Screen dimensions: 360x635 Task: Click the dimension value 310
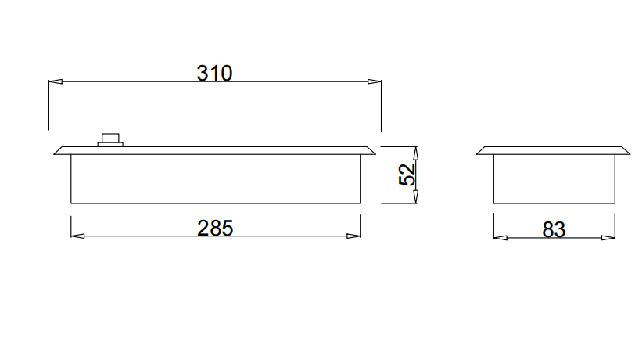coord(214,73)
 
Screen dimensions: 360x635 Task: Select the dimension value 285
coord(215,229)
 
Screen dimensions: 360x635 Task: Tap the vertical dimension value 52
coord(407,175)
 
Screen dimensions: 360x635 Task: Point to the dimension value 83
coord(554,230)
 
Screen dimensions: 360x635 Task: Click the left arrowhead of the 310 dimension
coord(55,81)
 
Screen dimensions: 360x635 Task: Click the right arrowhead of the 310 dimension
coord(375,81)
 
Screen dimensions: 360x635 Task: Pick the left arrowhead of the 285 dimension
coord(77,236)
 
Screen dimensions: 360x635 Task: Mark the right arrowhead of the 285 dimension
coord(354,236)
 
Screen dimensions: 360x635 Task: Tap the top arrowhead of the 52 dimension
coord(416,152)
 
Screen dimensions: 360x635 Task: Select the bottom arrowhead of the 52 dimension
coord(416,198)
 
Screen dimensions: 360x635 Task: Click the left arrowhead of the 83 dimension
coord(500,237)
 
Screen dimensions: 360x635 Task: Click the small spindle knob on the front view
coord(109,140)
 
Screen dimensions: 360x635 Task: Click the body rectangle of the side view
coord(553,179)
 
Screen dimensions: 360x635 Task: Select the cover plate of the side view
coord(553,150)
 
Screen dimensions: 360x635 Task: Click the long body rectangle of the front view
coord(215,179)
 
